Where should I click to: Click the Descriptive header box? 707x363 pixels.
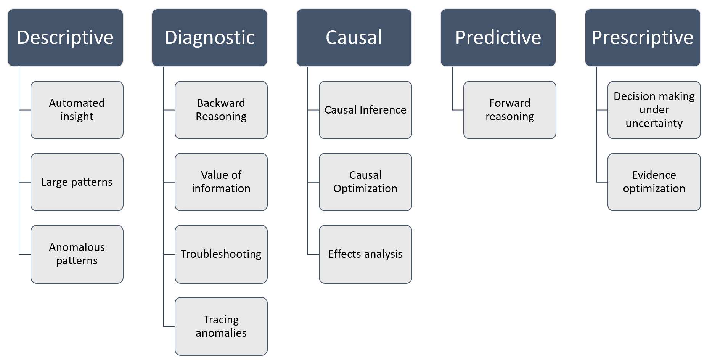65,38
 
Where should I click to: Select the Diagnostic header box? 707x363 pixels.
209,38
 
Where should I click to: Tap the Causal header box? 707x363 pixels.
354,38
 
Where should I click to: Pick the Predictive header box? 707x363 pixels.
498,38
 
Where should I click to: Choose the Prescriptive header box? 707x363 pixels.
643,38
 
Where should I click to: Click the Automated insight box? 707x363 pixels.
77,110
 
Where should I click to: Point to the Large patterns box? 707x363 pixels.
77,182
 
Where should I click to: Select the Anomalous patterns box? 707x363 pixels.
77,254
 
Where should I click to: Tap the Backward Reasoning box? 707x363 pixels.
221,110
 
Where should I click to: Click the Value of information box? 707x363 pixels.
221,182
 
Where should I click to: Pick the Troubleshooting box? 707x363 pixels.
221,254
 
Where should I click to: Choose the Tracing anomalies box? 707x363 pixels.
221,326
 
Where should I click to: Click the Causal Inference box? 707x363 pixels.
365,110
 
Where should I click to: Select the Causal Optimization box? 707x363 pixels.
365,182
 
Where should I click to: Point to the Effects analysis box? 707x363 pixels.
365,254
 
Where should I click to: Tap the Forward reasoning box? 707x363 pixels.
510,110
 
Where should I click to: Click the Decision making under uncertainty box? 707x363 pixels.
654,110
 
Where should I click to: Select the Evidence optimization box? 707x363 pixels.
654,182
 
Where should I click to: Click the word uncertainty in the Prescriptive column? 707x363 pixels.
654,124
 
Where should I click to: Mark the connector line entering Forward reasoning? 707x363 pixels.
458,110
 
